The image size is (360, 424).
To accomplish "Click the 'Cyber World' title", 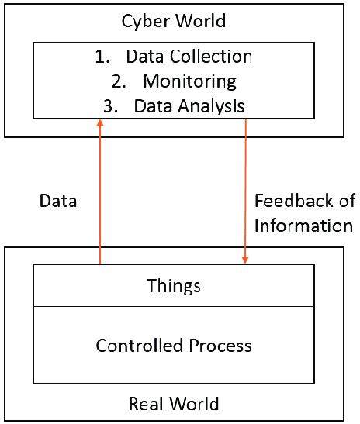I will click(x=175, y=21).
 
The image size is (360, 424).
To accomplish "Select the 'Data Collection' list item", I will click(x=189, y=57).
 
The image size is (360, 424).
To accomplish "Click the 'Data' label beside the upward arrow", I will click(x=57, y=202).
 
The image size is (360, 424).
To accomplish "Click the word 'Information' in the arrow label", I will click(x=303, y=226).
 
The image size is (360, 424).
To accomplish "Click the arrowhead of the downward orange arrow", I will click(x=246, y=260).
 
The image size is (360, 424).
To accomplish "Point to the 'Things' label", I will click(x=174, y=285).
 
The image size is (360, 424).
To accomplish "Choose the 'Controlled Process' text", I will click(x=174, y=345).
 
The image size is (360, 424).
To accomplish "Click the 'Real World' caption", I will click(x=174, y=403).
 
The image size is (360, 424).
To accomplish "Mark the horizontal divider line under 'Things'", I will click(x=174, y=305).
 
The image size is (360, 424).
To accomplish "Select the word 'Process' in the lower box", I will click(x=223, y=345).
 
